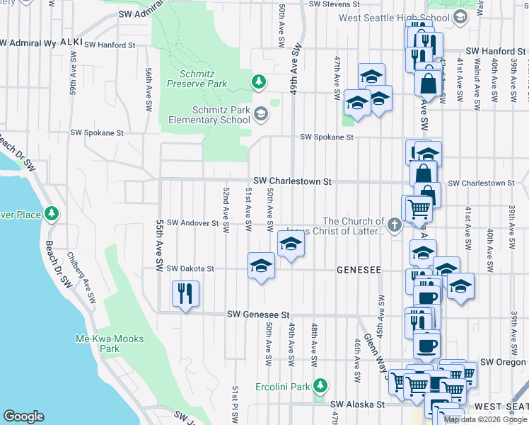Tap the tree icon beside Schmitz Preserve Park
(259, 82)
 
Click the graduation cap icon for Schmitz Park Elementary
(261, 114)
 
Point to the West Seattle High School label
(399, 18)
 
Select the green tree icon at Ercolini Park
(320, 385)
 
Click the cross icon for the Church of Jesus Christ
(395, 226)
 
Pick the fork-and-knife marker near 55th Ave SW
(185, 294)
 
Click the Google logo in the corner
(23, 416)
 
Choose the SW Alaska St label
(354, 404)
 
